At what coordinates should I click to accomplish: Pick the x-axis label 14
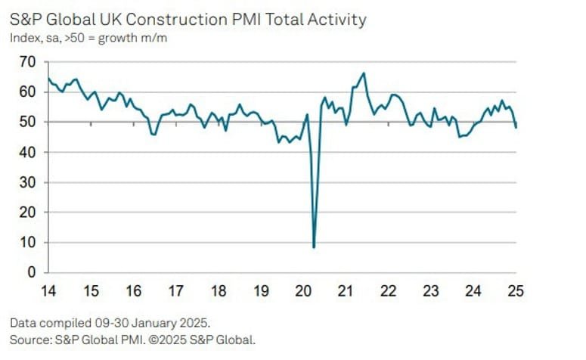tap(48, 291)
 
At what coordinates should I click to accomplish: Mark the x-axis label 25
tap(516, 291)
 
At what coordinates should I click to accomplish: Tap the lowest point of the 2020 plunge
tap(314, 247)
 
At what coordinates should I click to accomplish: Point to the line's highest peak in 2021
tap(364, 73)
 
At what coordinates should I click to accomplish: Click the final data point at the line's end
tap(516, 127)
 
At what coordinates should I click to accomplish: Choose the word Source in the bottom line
tap(29, 339)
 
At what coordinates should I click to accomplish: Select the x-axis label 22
tap(389, 291)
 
